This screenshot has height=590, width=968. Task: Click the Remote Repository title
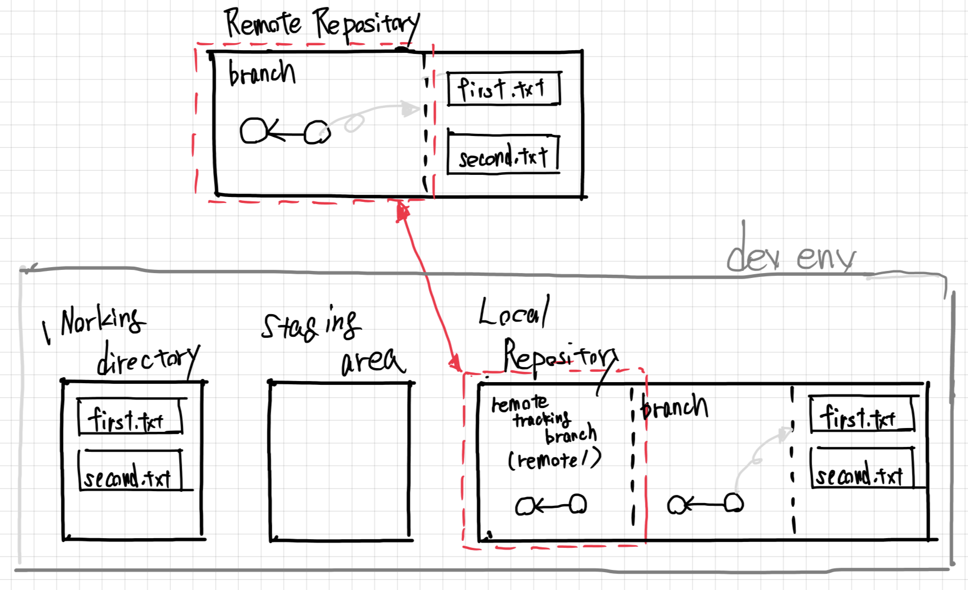point(321,24)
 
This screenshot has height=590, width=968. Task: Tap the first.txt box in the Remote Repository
point(504,89)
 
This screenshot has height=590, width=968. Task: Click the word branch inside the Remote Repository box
point(262,73)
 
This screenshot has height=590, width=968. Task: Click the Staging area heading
point(332,340)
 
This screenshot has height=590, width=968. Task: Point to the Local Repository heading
point(545,335)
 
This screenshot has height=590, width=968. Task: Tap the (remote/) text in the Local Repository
point(554,460)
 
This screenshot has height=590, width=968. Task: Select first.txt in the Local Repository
point(861,416)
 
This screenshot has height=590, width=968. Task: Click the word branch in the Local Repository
point(674,407)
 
